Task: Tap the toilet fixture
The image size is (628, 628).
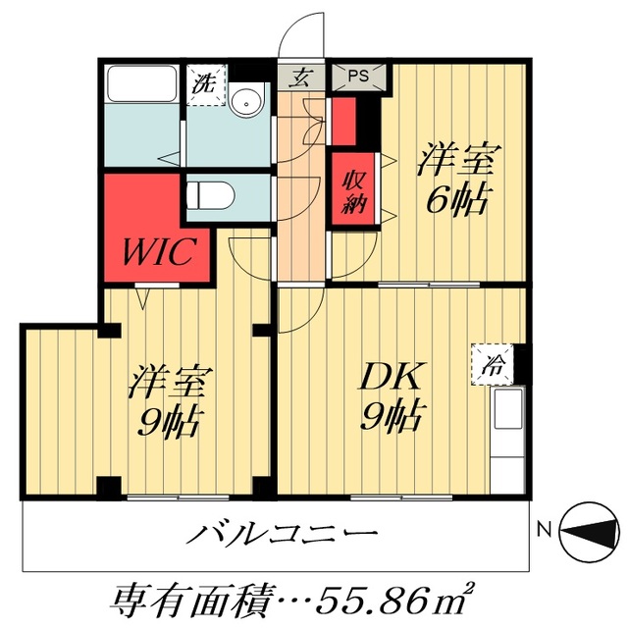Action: pos(207,194)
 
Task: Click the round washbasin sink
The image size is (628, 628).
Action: pos(246,99)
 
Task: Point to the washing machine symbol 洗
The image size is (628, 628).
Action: pos(206,81)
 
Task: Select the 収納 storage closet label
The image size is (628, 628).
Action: pos(353,191)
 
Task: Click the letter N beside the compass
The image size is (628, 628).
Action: pos(543,534)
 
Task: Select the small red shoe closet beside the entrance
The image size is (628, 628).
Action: pos(343,117)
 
